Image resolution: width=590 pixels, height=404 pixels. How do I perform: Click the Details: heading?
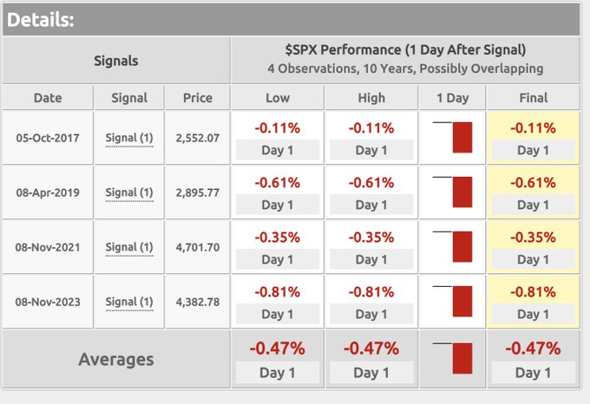coord(41,18)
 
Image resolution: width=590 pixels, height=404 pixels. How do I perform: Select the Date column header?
coord(48,98)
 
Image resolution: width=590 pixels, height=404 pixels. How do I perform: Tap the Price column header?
coord(197,98)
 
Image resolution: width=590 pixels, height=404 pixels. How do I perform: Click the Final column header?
coord(533,98)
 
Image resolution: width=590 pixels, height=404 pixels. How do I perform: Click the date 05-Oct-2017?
coord(48,138)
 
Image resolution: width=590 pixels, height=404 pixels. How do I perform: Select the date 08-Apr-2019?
coord(48,192)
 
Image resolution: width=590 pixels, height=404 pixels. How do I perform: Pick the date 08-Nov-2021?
coord(48,247)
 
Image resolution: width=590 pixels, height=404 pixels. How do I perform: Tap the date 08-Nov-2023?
coord(48,302)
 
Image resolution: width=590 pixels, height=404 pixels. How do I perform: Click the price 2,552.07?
coord(197,138)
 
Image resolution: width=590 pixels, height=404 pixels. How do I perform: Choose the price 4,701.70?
coord(197,247)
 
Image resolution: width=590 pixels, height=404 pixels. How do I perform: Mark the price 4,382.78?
coord(197,302)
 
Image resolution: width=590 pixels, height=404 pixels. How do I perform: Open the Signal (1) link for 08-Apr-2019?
coord(128,192)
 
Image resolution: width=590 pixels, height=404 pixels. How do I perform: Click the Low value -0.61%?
coord(278,183)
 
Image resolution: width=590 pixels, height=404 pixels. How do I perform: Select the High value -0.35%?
coord(371,238)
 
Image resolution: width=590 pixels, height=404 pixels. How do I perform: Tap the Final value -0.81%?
coord(533,292)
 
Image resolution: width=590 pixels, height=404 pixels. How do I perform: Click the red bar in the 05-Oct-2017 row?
coord(462,138)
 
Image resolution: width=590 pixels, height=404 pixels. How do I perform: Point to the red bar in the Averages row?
coord(462,358)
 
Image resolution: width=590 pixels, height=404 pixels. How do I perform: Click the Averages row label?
coord(116,359)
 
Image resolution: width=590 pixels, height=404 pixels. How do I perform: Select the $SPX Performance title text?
coord(405,50)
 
